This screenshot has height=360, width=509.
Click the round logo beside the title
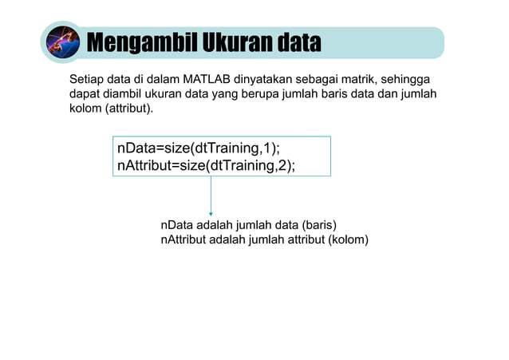62,42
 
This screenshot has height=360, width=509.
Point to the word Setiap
86,80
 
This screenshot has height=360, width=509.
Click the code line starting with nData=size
199,149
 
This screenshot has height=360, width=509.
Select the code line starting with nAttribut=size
206,166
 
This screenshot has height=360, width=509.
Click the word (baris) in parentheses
324,225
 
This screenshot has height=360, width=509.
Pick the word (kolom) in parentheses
349,239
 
